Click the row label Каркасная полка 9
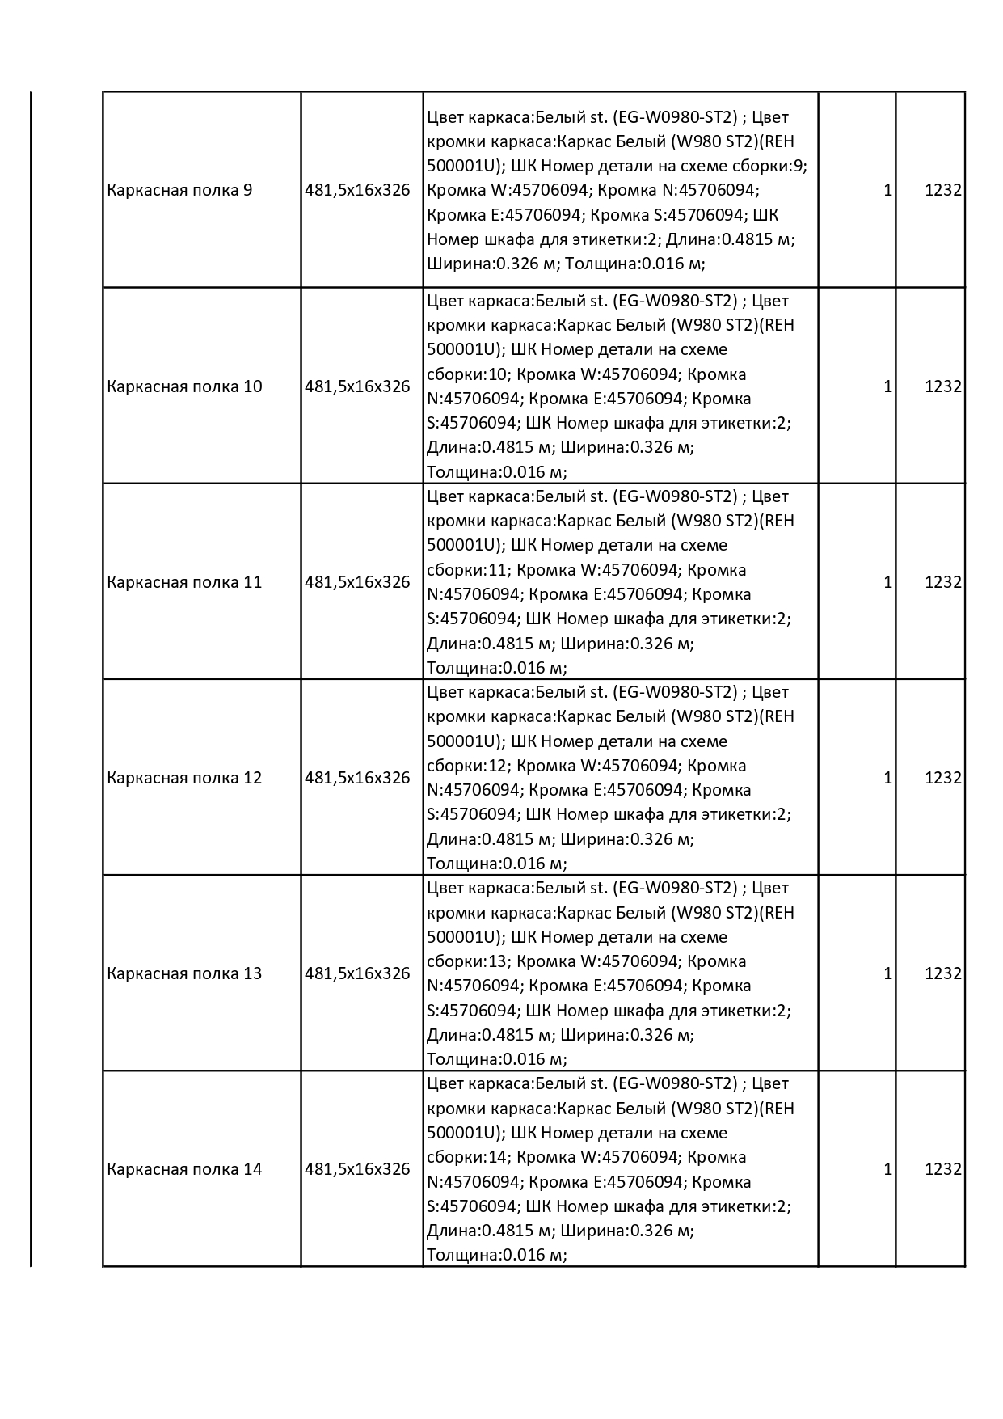click(179, 191)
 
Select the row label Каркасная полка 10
click(184, 386)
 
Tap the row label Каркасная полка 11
click(184, 582)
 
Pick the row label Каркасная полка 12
click(184, 778)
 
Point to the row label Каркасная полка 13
click(184, 973)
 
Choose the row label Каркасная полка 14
click(184, 1169)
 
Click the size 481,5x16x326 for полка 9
click(357, 191)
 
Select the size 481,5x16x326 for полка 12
click(357, 778)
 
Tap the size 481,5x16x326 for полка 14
click(357, 1169)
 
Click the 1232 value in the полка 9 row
click(943, 191)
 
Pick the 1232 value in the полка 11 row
click(943, 582)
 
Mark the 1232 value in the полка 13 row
click(943, 973)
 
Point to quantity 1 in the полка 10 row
click(887, 386)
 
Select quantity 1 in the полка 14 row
click(887, 1169)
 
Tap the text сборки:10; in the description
click(468, 374)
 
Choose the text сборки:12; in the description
click(468, 766)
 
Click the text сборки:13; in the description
click(468, 961)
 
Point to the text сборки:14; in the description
click(468, 1157)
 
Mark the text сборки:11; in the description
click(468, 570)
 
